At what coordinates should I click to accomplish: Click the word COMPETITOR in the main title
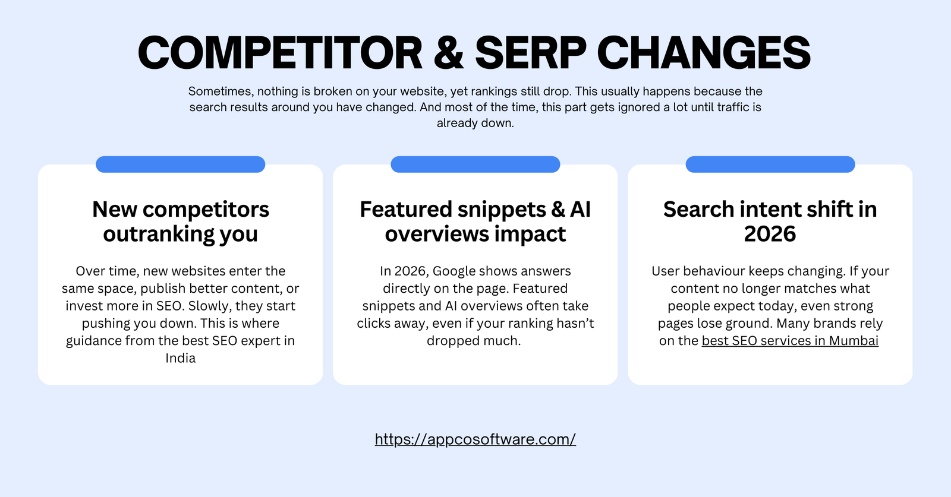(x=279, y=53)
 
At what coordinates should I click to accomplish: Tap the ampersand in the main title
(x=449, y=53)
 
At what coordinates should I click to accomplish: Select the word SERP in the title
(x=531, y=53)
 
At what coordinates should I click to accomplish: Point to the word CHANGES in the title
(x=704, y=53)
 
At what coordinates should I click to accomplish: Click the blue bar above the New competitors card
(x=180, y=164)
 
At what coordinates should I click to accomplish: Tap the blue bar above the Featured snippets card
(x=475, y=164)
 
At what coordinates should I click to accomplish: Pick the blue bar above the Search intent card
(x=770, y=164)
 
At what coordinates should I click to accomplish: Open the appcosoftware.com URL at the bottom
(x=475, y=439)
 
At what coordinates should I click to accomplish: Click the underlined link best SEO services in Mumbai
(x=790, y=341)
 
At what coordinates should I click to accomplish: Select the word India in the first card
(x=181, y=358)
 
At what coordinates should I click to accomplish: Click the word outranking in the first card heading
(x=159, y=235)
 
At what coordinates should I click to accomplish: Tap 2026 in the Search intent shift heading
(x=770, y=235)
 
